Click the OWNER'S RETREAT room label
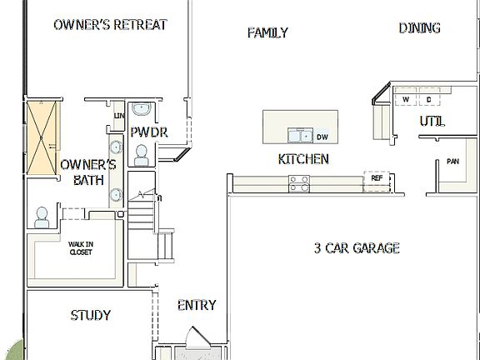tap(110, 25)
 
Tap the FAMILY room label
tap(267, 32)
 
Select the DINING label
tap(419, 28)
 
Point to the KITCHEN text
tap(303, 159)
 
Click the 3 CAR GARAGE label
tap(357, 247)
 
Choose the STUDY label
tap(91, 315)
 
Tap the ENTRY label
tap(197, 305)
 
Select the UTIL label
tap(432, 122)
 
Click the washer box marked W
tap(406, 98)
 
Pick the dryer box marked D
tap(429, 98)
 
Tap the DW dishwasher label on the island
tap(322, 136)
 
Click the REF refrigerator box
tap(377, 177)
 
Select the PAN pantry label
tap(452, 162)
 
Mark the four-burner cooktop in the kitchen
tap(299, 182)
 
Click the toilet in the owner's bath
tap(41, 218)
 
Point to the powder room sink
tap(142, 108)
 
